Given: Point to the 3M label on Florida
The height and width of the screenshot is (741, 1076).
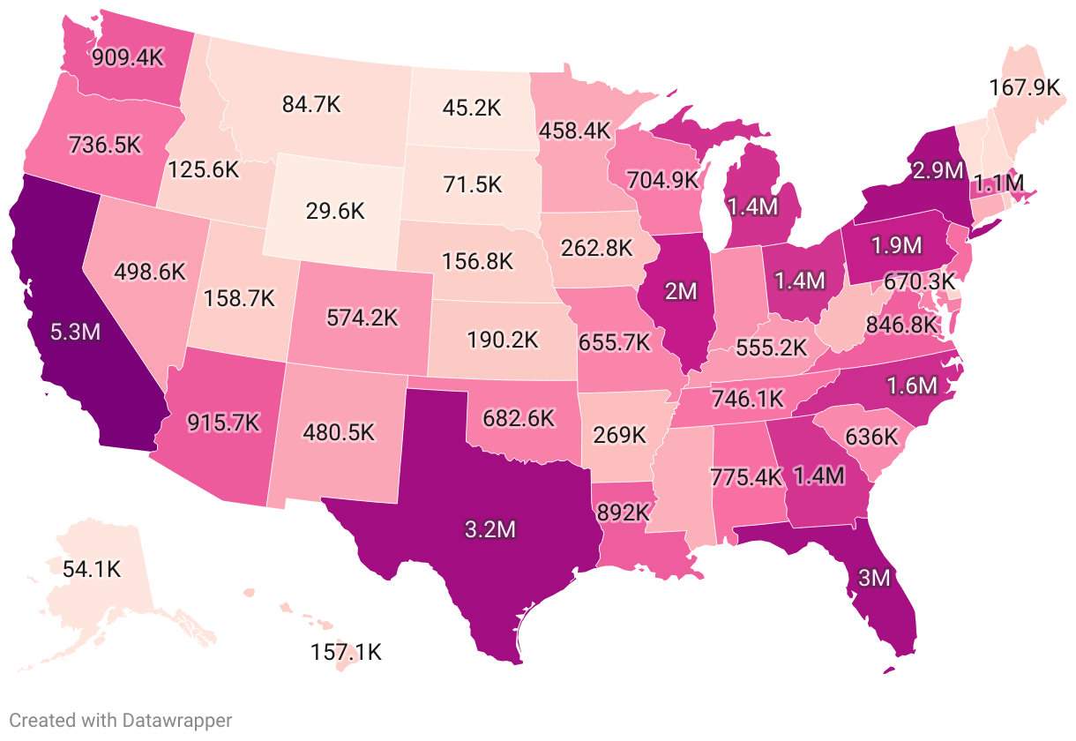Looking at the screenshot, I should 875,580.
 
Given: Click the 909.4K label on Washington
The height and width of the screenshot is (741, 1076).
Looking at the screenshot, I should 128,58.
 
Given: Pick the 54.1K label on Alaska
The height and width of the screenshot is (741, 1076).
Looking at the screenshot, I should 91,569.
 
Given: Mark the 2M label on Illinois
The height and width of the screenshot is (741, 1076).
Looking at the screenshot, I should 681,291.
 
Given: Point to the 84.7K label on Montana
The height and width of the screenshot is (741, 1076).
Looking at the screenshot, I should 311,104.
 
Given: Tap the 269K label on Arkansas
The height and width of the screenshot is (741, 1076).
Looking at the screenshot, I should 620,435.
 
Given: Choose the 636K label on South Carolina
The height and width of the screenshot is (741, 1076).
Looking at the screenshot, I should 871,437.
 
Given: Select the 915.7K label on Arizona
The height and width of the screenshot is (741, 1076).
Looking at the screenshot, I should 223,422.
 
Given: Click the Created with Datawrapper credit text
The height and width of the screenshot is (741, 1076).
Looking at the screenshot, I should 121,721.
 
